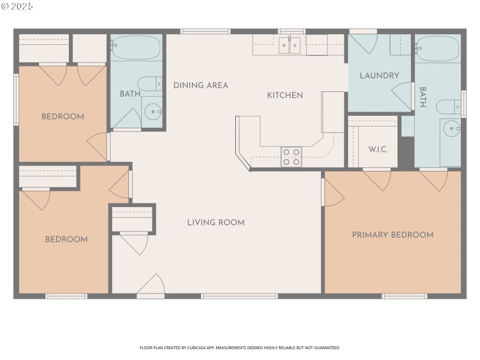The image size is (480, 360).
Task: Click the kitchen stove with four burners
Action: pos(292,157)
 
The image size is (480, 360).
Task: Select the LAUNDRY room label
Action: pos(379,76)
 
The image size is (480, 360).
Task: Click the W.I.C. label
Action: pos(378,149)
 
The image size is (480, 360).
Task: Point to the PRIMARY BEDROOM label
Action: pos(392,235)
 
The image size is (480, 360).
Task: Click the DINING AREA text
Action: pos(200,85)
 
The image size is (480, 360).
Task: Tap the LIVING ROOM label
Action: pos(215,223)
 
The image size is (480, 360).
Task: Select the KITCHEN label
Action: pos(285,95)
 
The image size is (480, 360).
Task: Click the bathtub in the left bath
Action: pos(136,47)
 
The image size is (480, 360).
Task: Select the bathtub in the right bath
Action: pos(437,48)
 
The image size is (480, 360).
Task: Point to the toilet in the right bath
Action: pos(447,107)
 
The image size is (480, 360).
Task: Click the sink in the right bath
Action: pos(451,127)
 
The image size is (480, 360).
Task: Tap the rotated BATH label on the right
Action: pos(423,97)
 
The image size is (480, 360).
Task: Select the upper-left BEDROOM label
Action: pos(62,116)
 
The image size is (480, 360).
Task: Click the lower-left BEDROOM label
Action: pos(67,239)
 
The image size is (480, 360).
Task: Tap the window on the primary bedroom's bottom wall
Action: pos(404,296)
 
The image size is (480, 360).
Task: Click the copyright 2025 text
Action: pos(18,6)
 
